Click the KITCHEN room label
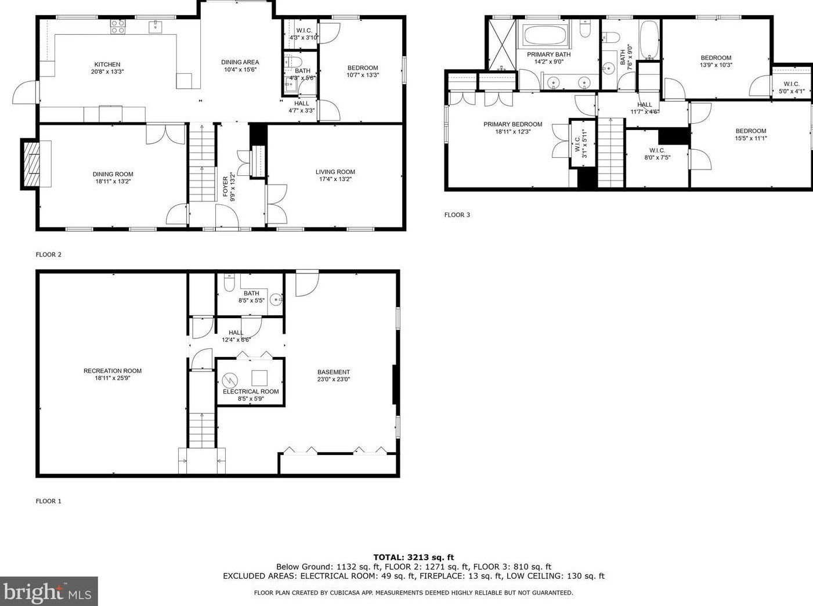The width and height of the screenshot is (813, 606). point(107,64)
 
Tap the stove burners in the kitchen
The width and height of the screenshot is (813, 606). point(118,27)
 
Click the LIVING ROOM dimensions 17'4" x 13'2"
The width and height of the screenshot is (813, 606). point(335,179)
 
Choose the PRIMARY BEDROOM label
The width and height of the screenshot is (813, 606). point(513,124)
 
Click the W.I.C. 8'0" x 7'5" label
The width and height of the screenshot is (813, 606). point(657,154)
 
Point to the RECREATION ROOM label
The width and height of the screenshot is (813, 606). point(113,371)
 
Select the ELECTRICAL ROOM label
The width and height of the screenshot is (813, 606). point(251,392)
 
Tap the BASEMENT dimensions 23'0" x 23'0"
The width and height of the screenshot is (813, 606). point(334,379)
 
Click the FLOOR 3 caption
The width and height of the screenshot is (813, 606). point(457,215)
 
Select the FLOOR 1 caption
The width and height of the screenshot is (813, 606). point(49,501)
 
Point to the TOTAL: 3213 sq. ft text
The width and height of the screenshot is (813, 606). point(413,557)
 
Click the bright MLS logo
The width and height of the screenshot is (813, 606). point(49,591)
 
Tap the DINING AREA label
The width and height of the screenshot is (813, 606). point(240,62)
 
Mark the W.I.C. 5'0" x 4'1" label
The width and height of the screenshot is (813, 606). point(792,88)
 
